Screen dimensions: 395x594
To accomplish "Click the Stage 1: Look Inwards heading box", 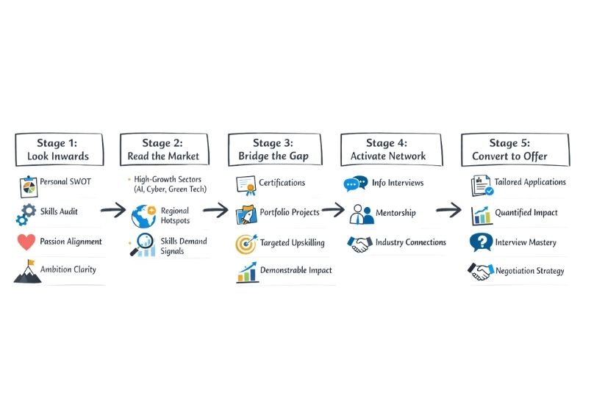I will (x=58, y=150).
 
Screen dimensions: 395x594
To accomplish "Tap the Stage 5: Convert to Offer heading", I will (x=515, y=150).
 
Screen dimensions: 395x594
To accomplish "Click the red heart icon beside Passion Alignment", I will (x=26, y=242).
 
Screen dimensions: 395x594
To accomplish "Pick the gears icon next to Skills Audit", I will (x=26, y=214).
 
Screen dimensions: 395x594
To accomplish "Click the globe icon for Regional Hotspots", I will (x=143, y=216).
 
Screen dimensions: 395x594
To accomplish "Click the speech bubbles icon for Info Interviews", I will (x=356, y=184).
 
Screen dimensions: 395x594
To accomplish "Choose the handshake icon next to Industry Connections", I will (x=359, y=243).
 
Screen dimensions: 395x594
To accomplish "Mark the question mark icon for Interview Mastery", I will (x=482, y=242).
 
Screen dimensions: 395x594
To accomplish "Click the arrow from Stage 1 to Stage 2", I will (x=112, y=211).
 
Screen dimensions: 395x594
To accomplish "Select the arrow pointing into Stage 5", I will (x=448, y=211).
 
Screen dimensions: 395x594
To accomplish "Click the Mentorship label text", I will (x=396, y=213).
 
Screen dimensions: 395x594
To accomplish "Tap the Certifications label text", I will (x=282, y=182).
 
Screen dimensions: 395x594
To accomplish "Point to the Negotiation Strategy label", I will (x=529, y=271).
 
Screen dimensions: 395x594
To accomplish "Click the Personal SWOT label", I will (x=66, y=182).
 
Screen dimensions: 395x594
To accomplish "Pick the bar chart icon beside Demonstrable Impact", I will (x=246, y=272).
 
